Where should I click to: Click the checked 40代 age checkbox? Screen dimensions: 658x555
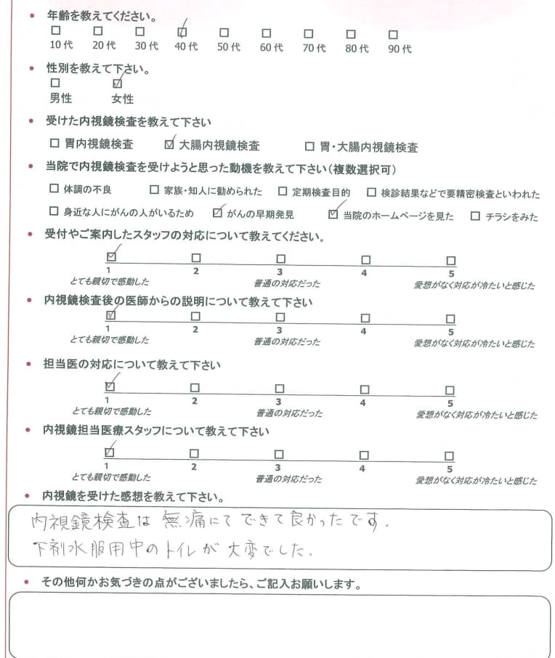click(x=182, y=33)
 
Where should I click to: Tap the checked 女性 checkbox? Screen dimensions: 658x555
click(x=118, y=84)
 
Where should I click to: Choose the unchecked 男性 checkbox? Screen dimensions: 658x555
click(x=55, y=84)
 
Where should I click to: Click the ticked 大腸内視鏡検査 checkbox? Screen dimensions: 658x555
click(x=170, y=144)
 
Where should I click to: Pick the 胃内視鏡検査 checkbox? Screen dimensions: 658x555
click(x=54, y=144)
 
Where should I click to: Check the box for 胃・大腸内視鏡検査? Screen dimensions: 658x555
click(x=309, y=145)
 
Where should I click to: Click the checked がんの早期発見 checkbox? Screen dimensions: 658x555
click(x=216, y=214)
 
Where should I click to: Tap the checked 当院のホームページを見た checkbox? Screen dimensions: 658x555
click(x=333, y=214)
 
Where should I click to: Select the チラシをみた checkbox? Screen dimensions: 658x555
click(x=475, y=215)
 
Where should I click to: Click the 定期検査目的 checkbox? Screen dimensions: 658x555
click(x=283, y=191)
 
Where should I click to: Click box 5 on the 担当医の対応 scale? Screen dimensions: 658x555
click(x=450, y=390)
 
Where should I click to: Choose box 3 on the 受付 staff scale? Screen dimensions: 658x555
click(x=280, y=259)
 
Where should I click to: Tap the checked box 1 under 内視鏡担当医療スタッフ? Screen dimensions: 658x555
click(x=110, y=454)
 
